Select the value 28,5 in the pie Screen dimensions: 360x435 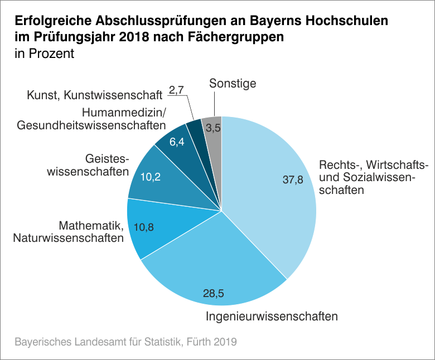[214, 294]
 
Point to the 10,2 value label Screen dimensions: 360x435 [151, 177]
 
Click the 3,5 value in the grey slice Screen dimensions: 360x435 [213, 128]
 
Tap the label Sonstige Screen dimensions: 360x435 [233, 84]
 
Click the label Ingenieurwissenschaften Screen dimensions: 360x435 [272, 317]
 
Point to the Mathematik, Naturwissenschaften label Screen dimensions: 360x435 [91, 232]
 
